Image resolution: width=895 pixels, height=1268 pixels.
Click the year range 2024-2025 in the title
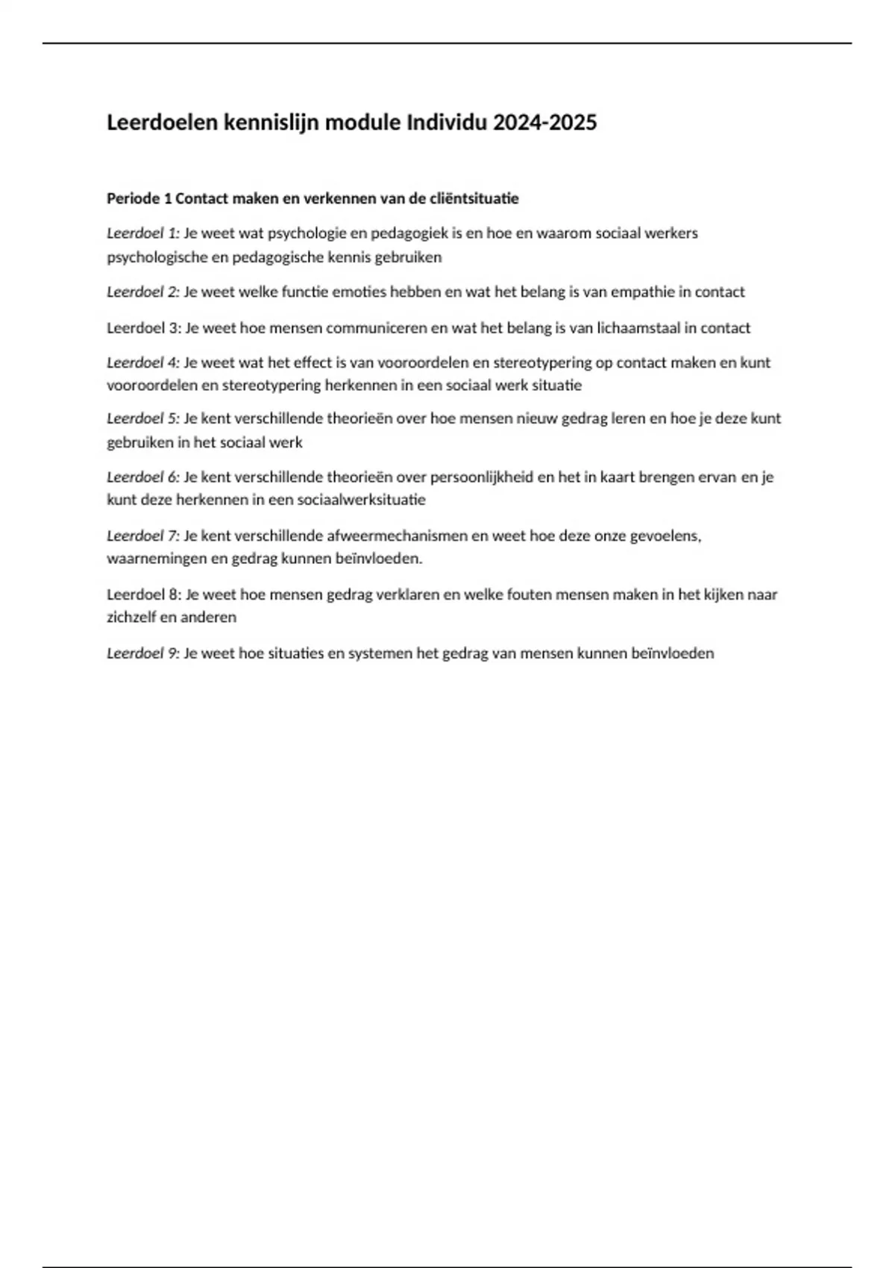pos(544,123)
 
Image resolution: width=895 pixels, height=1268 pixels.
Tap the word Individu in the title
pos(445,123)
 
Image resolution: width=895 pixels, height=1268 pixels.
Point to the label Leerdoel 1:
pos(143,233)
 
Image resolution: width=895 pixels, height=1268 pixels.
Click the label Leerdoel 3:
pos(144,328)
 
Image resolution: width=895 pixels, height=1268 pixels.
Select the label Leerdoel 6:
pos(143,477)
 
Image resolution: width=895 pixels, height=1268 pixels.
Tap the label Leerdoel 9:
pos(143,653)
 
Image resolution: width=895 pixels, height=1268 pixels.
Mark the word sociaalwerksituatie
pos(361,500)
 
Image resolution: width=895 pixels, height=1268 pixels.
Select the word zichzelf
pos(131,618)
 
